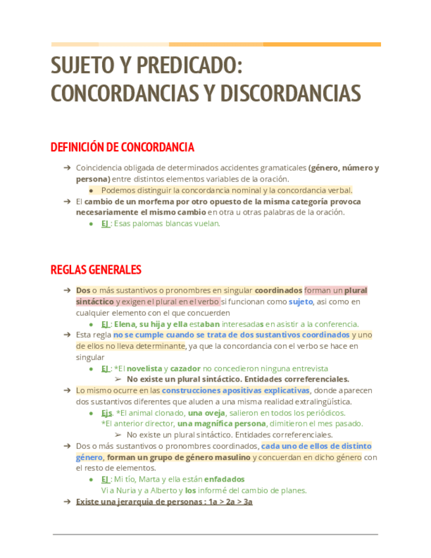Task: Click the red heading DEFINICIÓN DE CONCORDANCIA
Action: pos(122,147)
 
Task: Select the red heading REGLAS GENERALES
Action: pos(96,270)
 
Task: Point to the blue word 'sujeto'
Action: pos(301,301)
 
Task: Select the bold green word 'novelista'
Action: pos(144,368)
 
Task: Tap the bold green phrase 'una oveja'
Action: pos(207,413)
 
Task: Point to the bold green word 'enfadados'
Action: pos(224,479)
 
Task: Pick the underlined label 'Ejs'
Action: pos(107,413)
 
